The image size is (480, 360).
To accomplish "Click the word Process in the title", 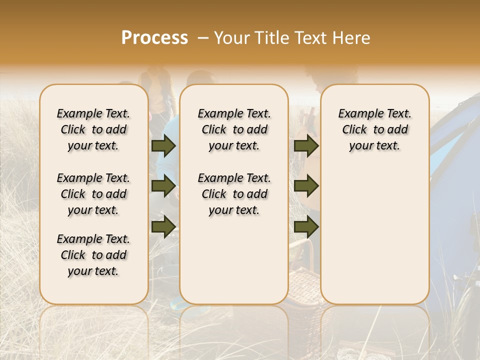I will pos(154,38).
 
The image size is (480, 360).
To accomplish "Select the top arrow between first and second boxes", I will pos(163,145).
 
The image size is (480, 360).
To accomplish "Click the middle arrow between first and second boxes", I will pos(163,186).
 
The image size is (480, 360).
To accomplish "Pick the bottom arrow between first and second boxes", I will pos(163,227).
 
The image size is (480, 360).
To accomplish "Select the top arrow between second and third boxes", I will pos(306,145).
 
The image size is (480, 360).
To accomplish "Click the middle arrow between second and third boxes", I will pos(306,186).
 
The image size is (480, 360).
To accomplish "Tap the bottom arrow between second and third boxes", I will pos(306,227).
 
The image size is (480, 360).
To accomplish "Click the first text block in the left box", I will pos(93,129).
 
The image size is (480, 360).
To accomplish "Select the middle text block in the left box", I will pos(93,194).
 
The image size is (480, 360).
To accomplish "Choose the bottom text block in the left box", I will pos(93,255).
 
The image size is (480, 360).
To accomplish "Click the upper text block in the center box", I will pos(234,129).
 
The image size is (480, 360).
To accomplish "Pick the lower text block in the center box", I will pos(234,194).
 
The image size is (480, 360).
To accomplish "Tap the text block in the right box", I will pos(374,129).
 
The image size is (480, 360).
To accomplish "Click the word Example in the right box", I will pos(356,114).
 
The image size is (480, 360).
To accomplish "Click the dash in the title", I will pos(203,38).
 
